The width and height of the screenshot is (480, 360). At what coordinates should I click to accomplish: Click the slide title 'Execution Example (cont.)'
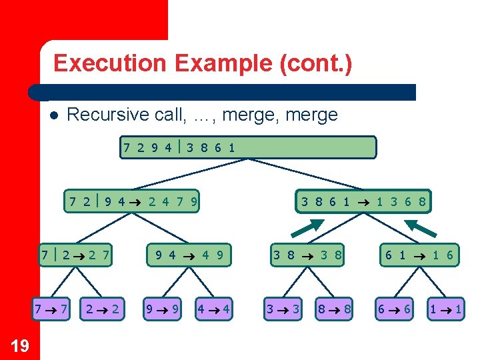[x=203, y=63]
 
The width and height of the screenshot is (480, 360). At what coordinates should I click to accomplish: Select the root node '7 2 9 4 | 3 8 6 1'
[x=248, y=147]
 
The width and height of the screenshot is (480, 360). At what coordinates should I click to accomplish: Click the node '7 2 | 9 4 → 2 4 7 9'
[x=133, y=201]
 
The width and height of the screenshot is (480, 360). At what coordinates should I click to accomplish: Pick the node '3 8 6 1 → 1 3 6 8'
[x=363, y=201]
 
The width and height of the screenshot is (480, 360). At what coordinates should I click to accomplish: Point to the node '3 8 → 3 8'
[x=307, y=254]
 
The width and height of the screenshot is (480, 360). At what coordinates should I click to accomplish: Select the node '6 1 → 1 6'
[x=419, y=254]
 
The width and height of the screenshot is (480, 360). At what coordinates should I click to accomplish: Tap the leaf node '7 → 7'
[x=51, y=309]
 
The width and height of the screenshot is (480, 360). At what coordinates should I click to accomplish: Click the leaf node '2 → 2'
[x=103, y=309]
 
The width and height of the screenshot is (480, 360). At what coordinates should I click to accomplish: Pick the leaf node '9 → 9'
[x=163, y=309]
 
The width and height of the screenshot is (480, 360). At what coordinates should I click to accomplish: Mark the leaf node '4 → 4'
[x=214, y=309]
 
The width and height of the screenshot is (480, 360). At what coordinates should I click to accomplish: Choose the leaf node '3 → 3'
[x=283, y=309]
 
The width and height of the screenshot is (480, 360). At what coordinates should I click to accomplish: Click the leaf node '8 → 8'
[x=334, y=309]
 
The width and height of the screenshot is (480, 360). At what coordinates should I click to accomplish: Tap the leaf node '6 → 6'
[x=395, y=309]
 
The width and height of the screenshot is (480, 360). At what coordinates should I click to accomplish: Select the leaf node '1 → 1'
[x=445, y=309]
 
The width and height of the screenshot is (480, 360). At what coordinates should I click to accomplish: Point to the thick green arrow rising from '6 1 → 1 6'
[x=424, y=227]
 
